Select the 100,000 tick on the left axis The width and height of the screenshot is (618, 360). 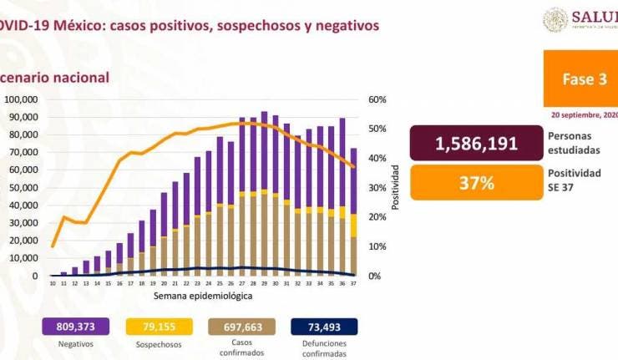pos(27,99)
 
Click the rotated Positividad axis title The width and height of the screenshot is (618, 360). pos(395,187)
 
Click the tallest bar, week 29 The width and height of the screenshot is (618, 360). pos(264,194)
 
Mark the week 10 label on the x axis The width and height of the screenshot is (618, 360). pos(53,284)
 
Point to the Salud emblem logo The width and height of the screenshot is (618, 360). pos(555,20)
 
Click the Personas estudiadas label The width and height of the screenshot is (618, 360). pos(574,143)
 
